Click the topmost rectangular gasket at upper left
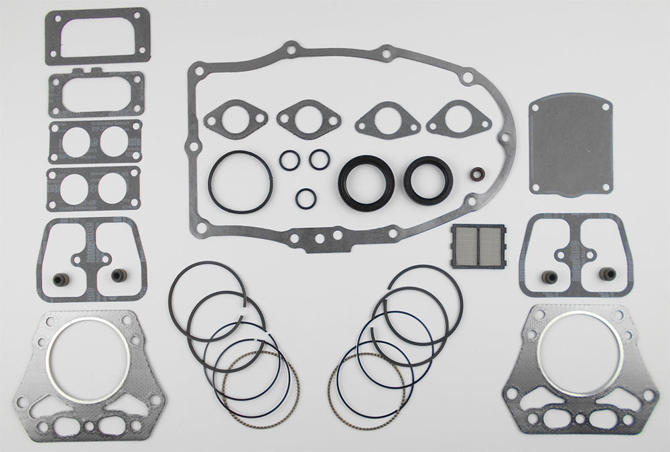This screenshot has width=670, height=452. pos(97,35)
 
